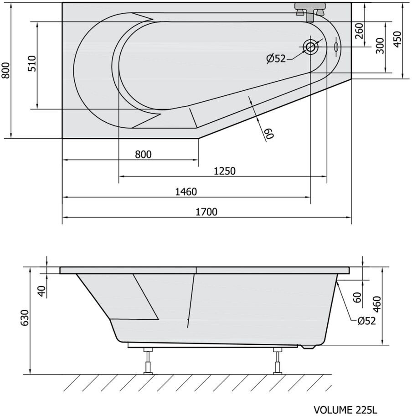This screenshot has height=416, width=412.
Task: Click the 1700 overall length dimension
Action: pos(206,212)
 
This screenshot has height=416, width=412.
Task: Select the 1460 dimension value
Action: pos(186,192)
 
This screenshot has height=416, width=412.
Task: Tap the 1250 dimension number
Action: pos(225,171)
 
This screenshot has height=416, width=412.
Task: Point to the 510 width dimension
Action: pos(31,63)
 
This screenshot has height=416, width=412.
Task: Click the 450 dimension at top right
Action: pos(397,39)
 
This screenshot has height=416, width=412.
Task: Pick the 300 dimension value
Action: pos(380,46)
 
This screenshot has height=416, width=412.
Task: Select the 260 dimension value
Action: pos(359,31)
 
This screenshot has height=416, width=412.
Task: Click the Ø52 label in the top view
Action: pos(276,58)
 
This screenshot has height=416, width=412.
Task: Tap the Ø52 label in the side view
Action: pos(367,321)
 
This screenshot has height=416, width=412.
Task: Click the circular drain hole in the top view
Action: pos(310,47)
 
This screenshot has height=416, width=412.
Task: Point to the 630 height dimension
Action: pos(25,317)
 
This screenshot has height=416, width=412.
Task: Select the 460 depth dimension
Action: pos(377,305)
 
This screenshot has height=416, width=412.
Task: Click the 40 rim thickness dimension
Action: pos(42,291)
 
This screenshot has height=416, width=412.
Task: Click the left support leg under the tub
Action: pos(148,361)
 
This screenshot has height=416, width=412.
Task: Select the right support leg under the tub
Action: pos(278,361)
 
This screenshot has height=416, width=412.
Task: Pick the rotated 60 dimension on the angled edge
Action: pos(269,134)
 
